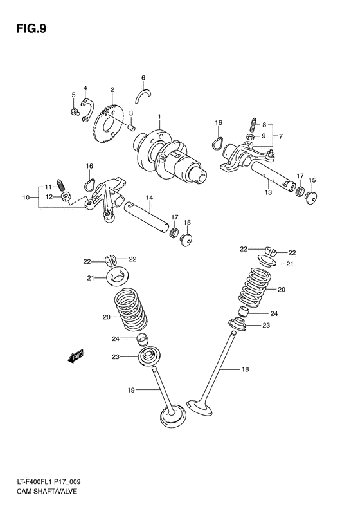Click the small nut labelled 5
tap(74, 113)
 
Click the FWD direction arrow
tap(76, 355)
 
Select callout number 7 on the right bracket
tap(280, 136)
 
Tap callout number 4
tap(85, 88)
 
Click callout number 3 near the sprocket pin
tap(130, 113)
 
